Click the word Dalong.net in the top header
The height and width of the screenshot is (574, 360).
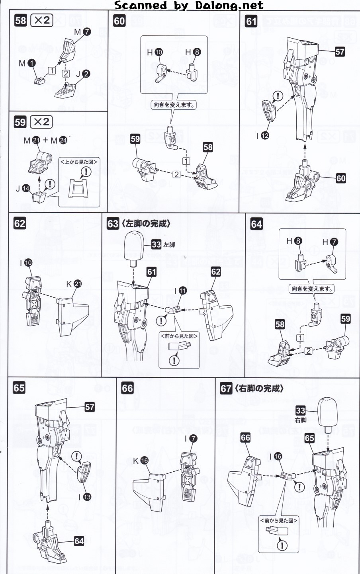(229, 5)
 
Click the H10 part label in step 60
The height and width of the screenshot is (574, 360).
(155, 52)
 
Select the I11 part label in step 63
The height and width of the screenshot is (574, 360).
(179, 291)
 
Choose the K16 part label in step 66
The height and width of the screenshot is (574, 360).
(140, 461)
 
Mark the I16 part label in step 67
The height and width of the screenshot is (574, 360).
(274, 457)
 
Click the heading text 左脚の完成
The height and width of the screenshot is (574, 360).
(145, 224)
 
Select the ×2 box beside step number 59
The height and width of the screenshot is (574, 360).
(41, 122)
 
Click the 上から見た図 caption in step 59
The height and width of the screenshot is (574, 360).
(78, 161)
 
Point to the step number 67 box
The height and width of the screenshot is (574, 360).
(226, 388)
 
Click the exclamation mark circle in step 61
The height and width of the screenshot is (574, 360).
(277, 96)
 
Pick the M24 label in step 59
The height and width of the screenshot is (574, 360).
(59, 140)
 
